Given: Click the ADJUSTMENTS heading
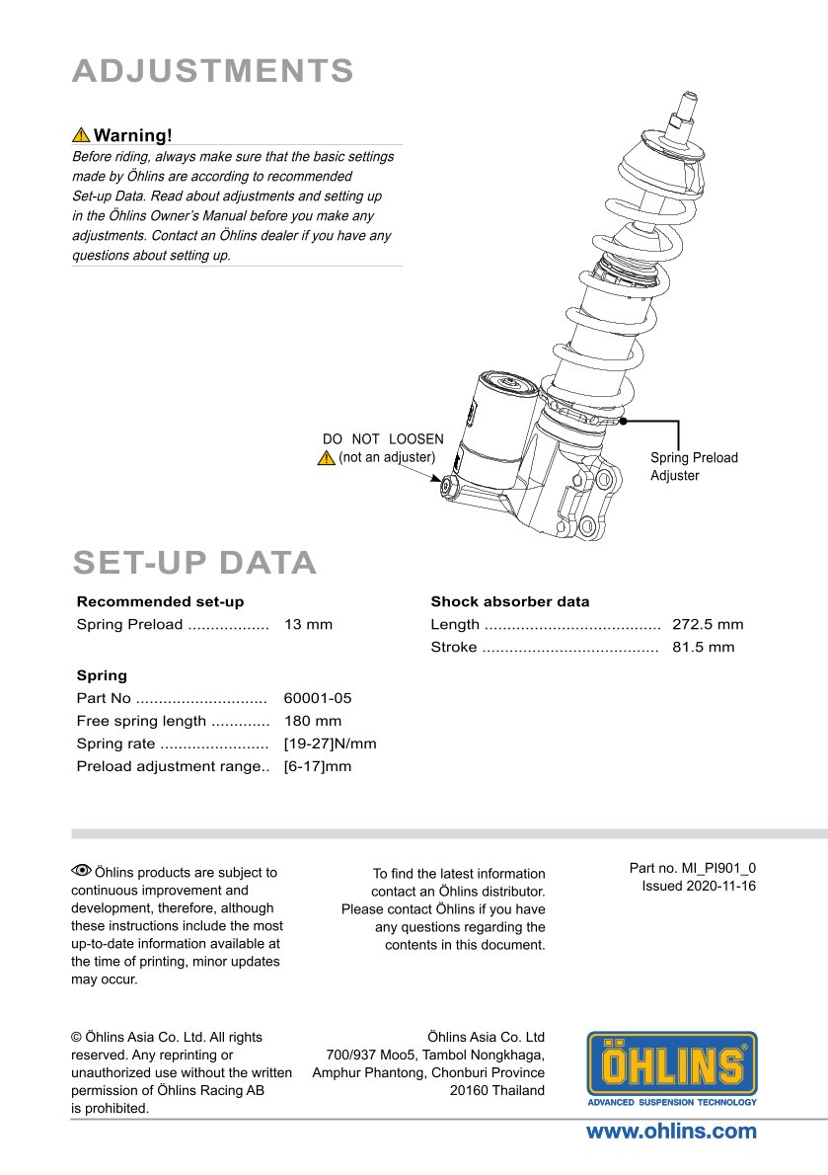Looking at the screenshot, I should [213, 71].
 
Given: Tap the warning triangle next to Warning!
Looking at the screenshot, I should [81, 135].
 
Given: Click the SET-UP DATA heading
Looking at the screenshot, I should [194, 562].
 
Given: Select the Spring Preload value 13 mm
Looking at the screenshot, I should [308, 624].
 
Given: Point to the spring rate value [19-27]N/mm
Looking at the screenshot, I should [330, 744].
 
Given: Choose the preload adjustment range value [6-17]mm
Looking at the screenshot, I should [317, 766].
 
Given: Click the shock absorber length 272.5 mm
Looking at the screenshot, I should [708, 624].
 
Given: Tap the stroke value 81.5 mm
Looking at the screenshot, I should [703, 647].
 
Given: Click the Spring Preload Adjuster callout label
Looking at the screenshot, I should [694, 466].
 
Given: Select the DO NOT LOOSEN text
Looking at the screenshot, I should [383, 439].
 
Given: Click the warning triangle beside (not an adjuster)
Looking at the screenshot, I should [327, 458].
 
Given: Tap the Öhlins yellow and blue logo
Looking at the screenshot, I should [672, 1068].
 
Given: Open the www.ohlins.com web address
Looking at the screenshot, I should [671, 1132].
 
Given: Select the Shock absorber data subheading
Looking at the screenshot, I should [509, 601].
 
